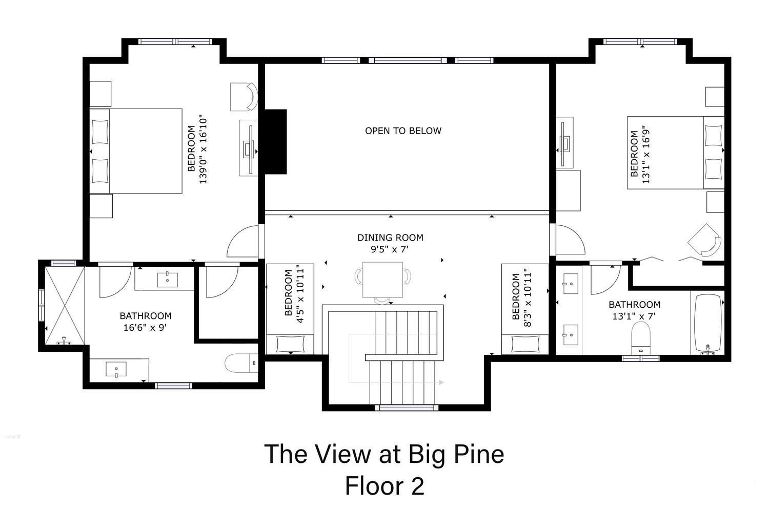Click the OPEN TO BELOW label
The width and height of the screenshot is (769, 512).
(x=403, y=131)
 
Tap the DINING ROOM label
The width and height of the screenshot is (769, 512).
(x=390, y=238)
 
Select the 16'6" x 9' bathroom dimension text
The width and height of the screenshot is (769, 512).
(x=145, y=328)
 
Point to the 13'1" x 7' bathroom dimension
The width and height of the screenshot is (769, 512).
(x=634, y=316)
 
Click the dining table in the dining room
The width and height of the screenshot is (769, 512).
(x=383, y=280)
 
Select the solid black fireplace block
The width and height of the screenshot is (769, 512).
(x=275, y=142)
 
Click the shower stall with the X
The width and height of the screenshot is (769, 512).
(x=65, y=306)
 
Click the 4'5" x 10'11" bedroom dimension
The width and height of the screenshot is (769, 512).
(x=300, y=294)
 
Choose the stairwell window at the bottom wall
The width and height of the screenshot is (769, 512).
(x=407, y=408)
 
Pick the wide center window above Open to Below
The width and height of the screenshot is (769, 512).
(x=408, y=60)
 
